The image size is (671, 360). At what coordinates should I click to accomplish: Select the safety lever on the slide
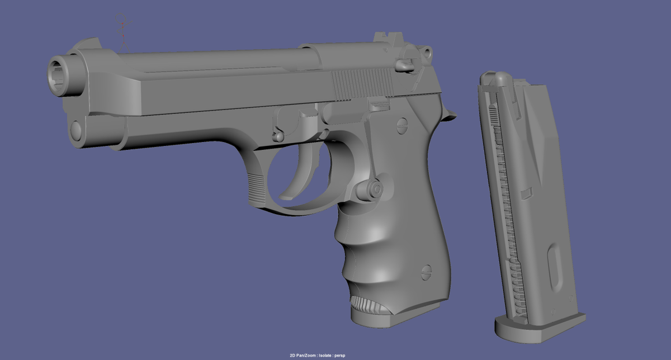click(407, 61)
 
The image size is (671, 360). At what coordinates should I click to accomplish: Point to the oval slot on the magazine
click(555, 269)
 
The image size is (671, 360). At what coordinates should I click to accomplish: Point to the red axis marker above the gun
click(123, 25)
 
